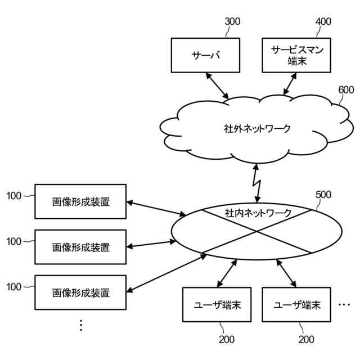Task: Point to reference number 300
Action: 232,22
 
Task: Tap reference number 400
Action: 323,22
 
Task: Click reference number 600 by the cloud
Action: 346,90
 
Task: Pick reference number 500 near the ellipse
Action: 323,195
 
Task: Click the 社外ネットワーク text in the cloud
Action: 257,128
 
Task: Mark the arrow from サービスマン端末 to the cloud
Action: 290,84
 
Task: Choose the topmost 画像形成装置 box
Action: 80,201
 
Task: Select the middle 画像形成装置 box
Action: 80,246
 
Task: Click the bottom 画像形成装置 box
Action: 80,292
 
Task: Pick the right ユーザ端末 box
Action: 297,305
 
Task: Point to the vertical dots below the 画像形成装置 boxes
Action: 80,325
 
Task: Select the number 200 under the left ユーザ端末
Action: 227,339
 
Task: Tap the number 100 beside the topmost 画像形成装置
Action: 14,196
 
